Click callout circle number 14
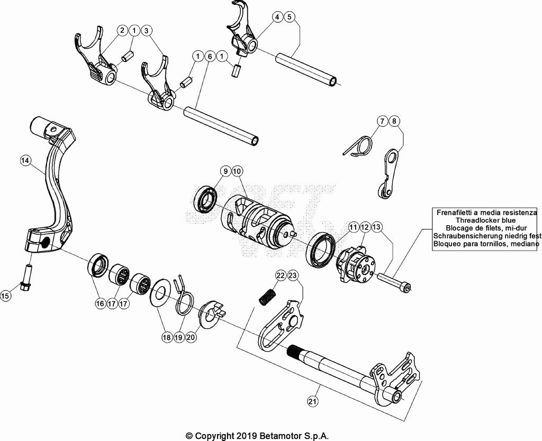25,160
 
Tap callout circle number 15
5,296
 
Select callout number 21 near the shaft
312,401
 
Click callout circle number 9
225,171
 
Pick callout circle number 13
377,227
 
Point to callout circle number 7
382,121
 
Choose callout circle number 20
191,337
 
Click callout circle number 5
289,16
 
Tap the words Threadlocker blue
486,220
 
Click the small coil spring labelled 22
267,297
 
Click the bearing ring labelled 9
206,200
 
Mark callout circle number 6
210,56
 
